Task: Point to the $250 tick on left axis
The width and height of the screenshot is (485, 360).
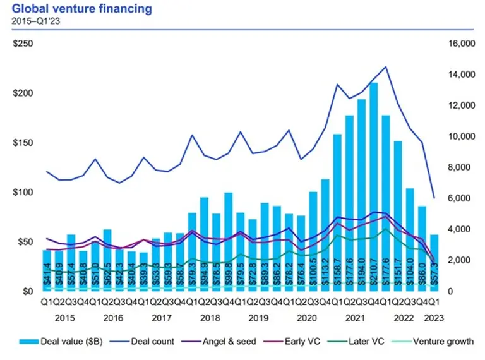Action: pos(24,44)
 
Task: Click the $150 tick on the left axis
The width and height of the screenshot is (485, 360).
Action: pos(24,143)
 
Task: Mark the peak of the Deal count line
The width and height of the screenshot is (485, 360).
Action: pos(386,66)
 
